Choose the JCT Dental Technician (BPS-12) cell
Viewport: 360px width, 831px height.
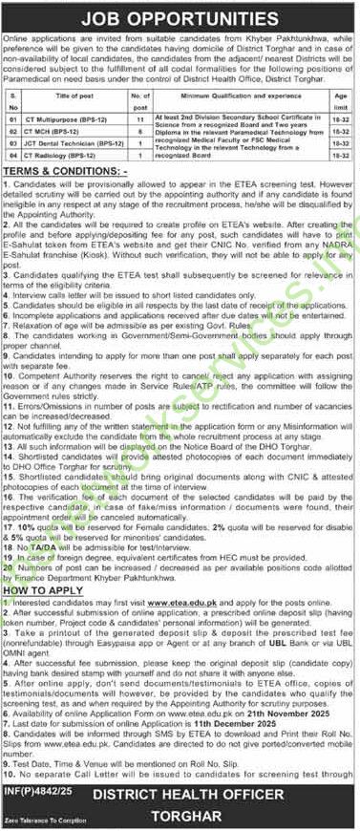[x=86, y=168]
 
